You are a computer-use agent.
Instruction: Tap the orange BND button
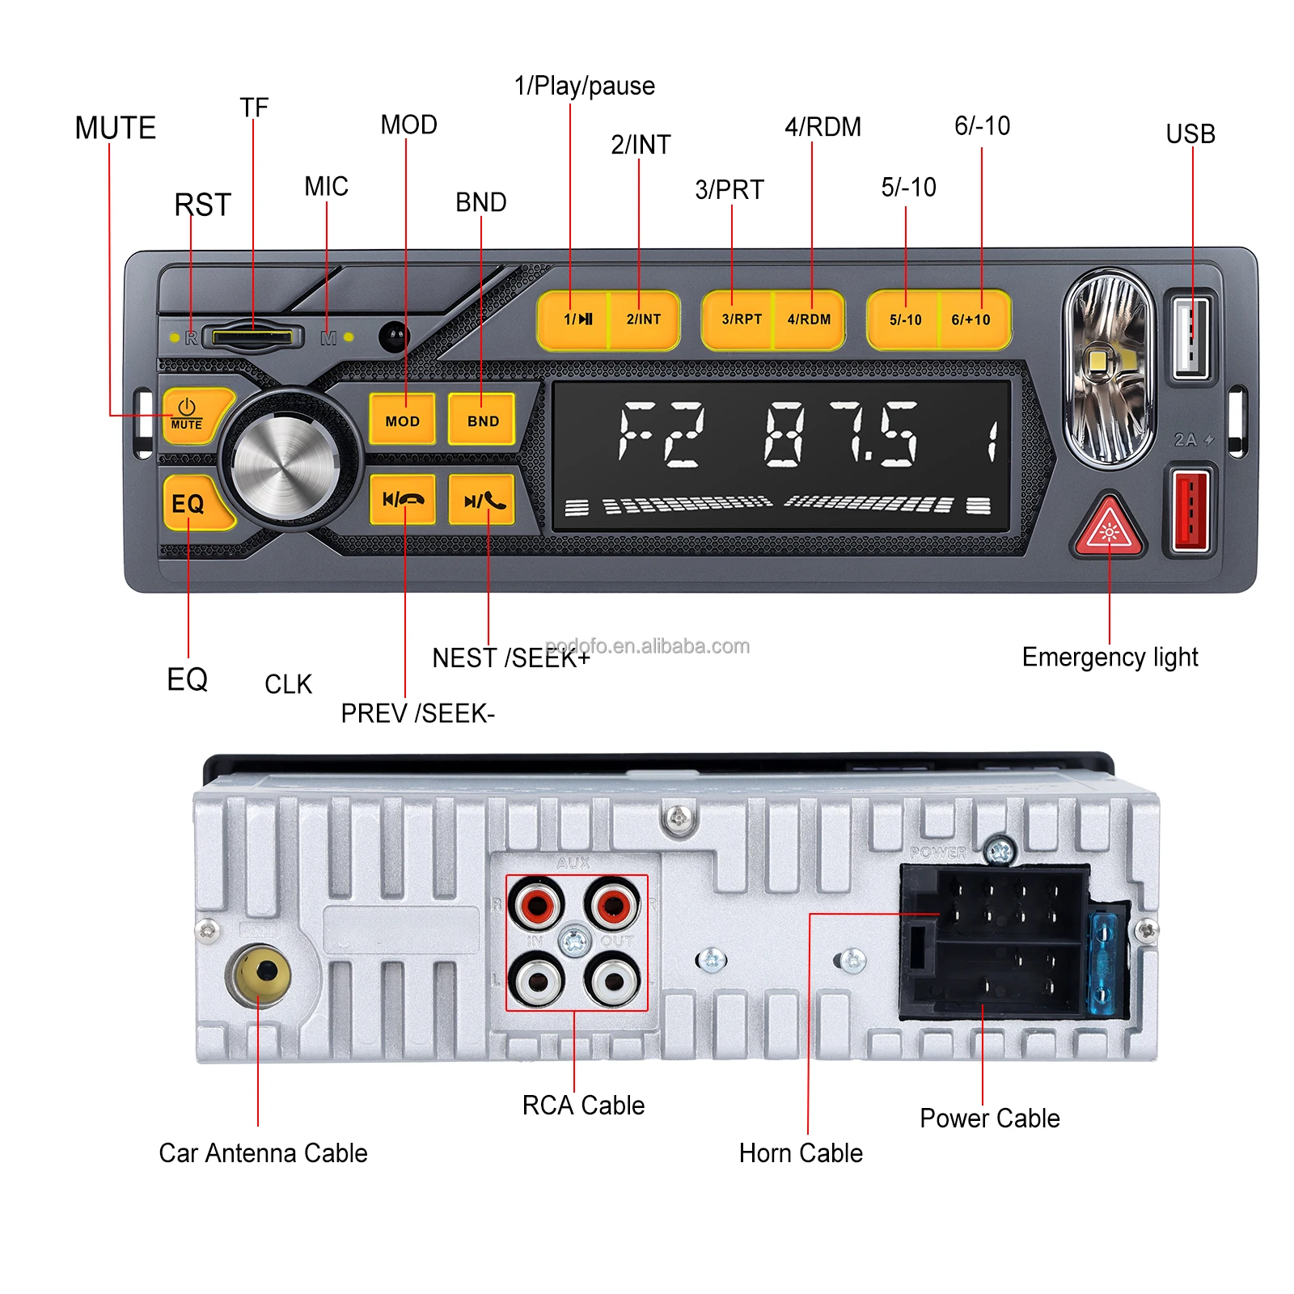tap(482, 420)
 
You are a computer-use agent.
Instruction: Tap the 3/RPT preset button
tap(739, 319)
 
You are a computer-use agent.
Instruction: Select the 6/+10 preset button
tap(972, 319)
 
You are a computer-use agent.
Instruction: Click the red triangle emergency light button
tap(1109, 528)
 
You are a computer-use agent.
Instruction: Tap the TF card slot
tap(252, 336)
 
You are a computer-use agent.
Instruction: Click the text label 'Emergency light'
tap(1110, 658)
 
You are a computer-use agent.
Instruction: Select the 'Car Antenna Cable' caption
tap(263, 1152)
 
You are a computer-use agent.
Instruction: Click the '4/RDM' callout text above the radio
tap(822, 127)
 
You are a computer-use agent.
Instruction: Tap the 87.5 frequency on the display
tap(841, 434)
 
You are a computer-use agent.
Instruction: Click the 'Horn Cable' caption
tap(801, 1152)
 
